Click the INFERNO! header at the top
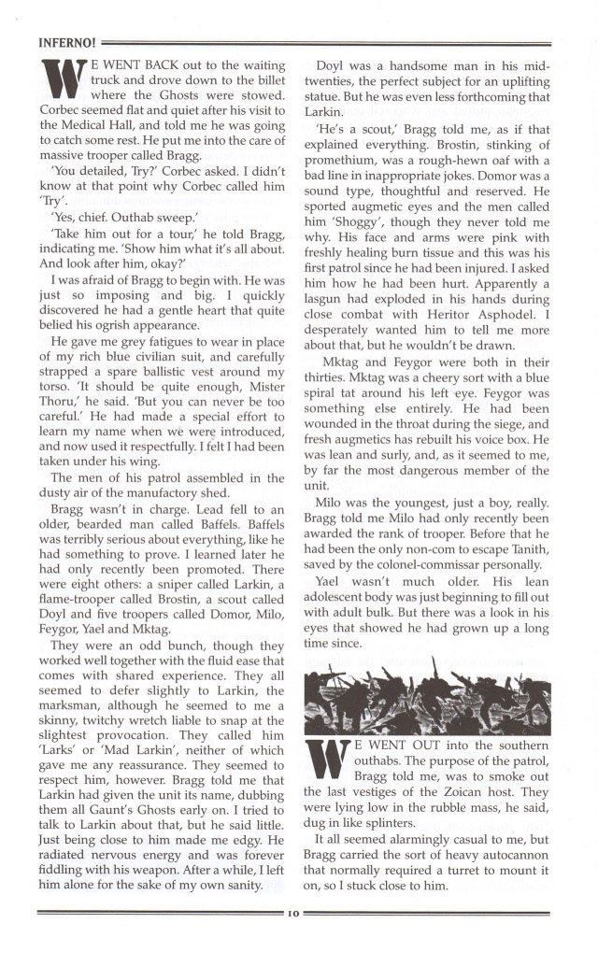[x=64, y=42]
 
